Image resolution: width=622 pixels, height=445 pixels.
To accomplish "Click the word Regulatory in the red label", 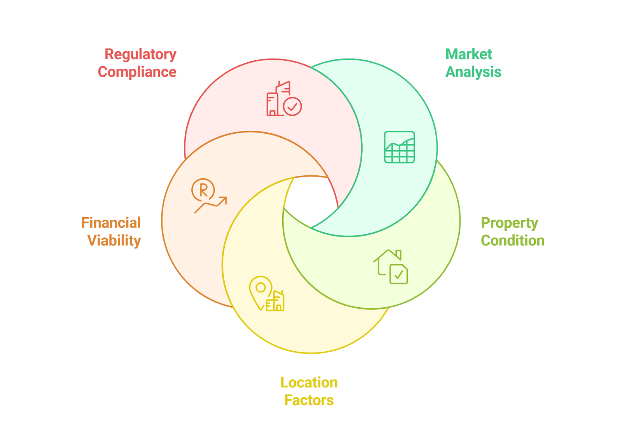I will [140, 54].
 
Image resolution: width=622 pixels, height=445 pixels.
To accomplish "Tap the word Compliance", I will [137, 72].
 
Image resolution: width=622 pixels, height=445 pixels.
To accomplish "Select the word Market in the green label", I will [468, 54].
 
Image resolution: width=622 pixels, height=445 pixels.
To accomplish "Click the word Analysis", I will [473, 72].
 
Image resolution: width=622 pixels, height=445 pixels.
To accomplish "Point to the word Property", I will [509, 223].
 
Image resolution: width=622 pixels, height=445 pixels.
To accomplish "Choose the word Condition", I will [512, 240].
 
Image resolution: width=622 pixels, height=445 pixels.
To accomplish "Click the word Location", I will [309, 383].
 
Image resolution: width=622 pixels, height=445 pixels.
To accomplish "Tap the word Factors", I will [309, 400].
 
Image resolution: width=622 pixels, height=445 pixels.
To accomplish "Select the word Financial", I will [111, 223].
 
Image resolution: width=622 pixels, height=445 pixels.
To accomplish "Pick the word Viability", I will [114, 240].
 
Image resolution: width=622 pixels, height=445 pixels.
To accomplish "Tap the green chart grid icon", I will [399, 147].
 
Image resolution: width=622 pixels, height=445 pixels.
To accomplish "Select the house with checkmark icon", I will [391, 266].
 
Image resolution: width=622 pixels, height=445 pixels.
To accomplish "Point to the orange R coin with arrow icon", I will [208, 195].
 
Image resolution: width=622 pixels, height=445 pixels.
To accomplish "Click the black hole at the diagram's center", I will [310, 200].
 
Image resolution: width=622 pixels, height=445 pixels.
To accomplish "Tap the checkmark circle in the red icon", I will [292, 106].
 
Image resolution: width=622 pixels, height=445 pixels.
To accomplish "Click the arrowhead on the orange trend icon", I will [223, 200].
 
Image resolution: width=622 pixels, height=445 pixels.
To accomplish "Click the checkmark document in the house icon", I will [398, 274].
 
